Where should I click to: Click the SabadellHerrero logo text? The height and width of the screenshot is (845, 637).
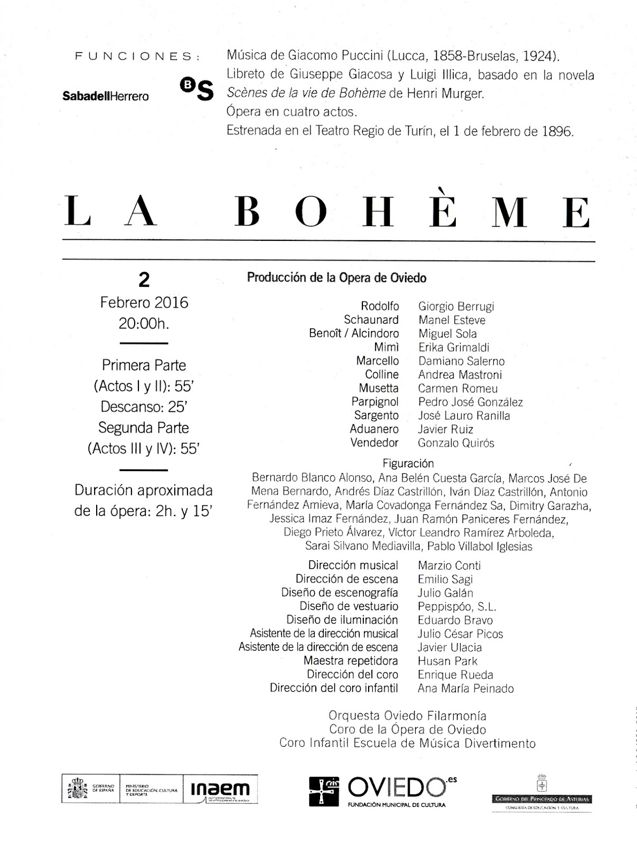tap(106, 96)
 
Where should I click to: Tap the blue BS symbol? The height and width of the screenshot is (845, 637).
tap(197, 89)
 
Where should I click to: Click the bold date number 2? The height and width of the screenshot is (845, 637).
tap(144, 280)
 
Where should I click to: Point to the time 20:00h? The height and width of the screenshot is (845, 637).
tap(144, 323)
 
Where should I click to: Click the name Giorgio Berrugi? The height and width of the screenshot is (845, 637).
tap(456, 306)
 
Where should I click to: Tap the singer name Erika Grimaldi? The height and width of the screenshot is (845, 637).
tap(454, 348)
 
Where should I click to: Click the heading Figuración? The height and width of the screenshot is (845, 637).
tap(408, 464)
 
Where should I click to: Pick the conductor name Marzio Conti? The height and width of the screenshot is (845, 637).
tap(449, 566)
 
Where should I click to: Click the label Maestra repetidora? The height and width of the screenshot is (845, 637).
tap(351, 661)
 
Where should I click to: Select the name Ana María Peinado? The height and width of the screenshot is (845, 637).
tap(465, 688)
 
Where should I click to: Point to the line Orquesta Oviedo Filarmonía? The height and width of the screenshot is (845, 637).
tap(407, 716)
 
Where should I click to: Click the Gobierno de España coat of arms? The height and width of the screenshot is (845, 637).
tap(77, 789)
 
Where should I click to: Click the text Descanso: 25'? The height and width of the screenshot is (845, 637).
tap(144, 407)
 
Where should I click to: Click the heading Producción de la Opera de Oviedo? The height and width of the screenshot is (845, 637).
tap(336, 278)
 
